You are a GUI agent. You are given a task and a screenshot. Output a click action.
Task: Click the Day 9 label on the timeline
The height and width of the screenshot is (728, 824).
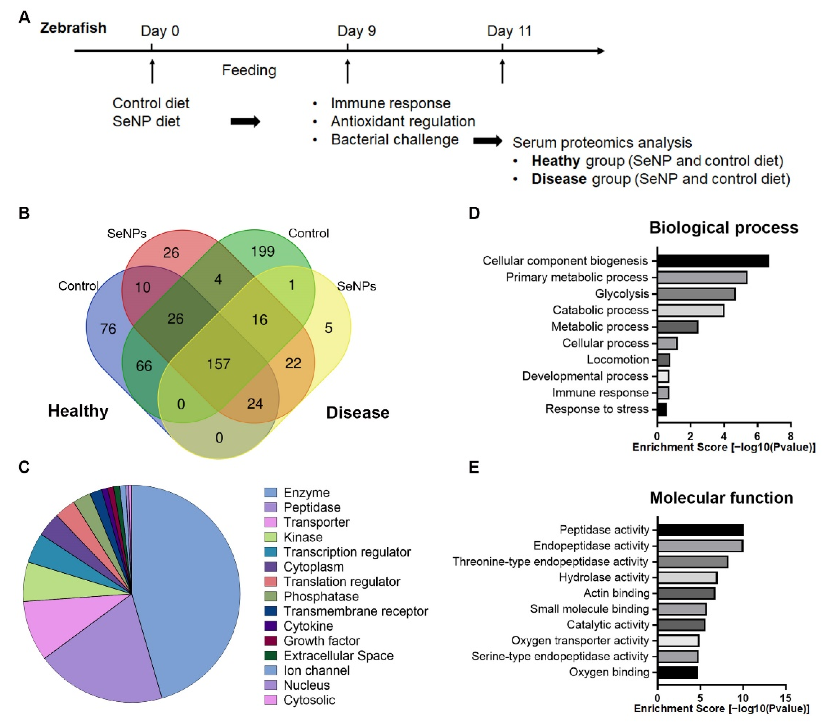(356, 31)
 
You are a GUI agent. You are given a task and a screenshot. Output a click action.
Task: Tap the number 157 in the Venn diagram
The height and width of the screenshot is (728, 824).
(219, 364)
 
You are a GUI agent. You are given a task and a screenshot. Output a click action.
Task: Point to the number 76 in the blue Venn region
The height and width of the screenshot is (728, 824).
(108, 329)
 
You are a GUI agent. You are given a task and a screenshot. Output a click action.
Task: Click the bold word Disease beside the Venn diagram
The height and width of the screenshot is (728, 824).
(358, 413)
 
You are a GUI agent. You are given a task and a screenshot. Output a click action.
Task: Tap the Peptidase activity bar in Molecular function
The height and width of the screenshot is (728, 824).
(700, 530)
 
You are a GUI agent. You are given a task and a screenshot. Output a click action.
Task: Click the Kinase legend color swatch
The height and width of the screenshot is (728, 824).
(270, 537)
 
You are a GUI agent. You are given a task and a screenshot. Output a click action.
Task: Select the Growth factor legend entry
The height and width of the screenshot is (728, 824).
(321, 641)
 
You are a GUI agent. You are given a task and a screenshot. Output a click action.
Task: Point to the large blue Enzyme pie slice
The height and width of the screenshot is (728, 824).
(189, 584)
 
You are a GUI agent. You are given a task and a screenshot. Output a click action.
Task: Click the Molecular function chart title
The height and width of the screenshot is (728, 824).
(721, 498)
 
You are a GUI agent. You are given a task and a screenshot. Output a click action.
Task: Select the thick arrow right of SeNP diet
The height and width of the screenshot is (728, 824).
(245, 121)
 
